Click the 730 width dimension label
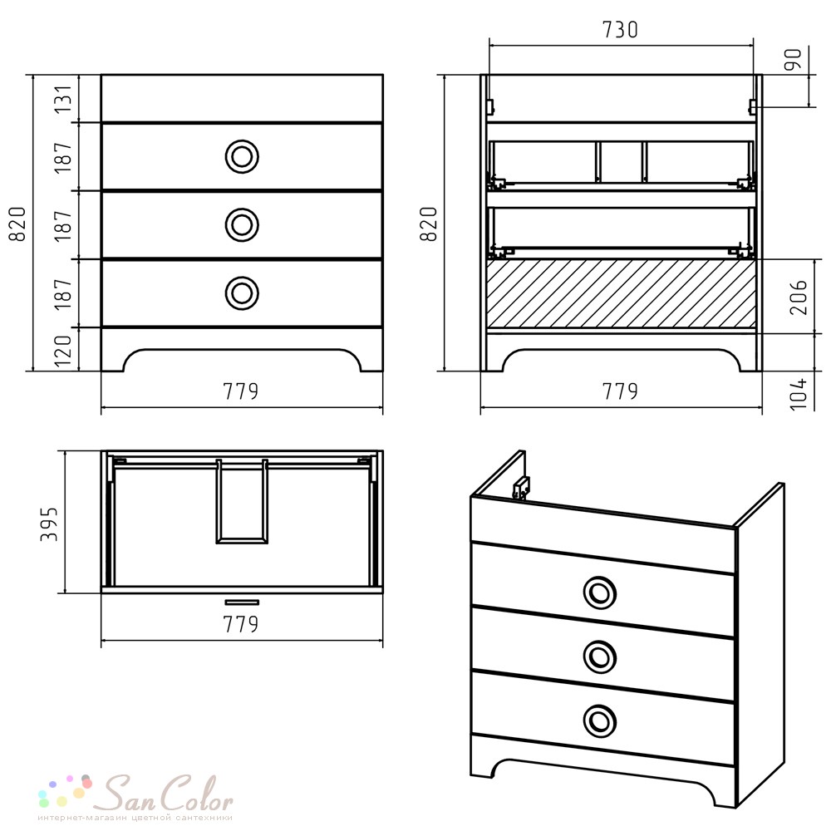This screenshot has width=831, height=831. [x=620, y=30]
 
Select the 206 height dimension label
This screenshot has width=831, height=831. [x=798, y=297]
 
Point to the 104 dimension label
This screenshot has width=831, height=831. [x=798, y=393]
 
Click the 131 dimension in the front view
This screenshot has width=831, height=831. [x=63, y=98]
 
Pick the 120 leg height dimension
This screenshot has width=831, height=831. [x=63, y=351]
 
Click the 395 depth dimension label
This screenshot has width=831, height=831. [x=49, y=524]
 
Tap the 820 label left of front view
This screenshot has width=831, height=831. [x=17, y=224]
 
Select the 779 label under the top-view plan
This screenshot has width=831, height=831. [x=241, y=624]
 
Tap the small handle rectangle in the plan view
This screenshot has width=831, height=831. [x=242, y=602]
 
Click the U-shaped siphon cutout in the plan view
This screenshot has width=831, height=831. [x=242, y=541]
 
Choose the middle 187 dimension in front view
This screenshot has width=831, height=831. [x=63, y=224]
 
